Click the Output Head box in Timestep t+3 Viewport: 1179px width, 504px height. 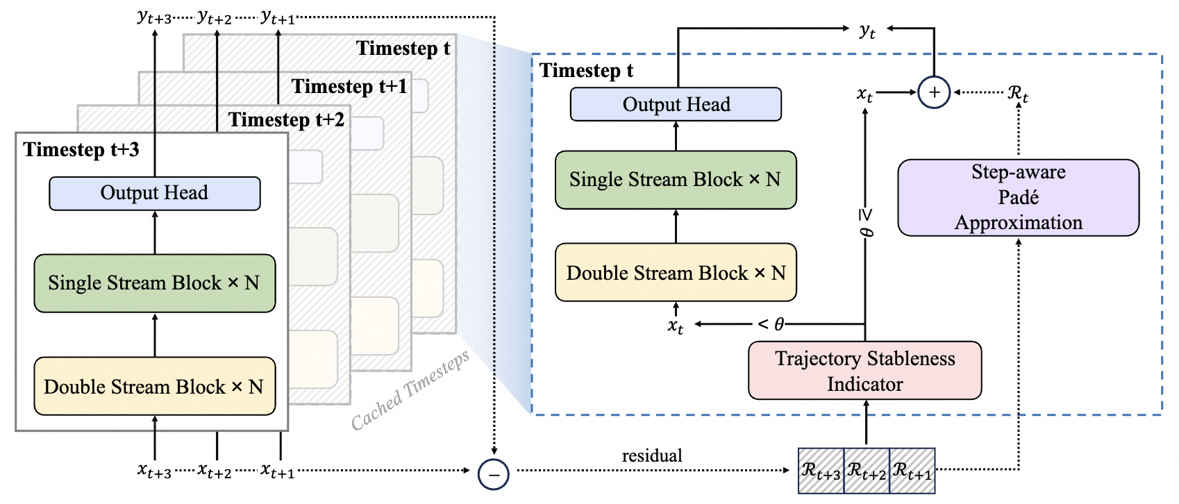(x=155, y=194)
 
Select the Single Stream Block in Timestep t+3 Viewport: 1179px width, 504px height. (x=155, y=283)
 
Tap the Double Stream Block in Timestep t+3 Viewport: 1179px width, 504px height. (x=155, y=386)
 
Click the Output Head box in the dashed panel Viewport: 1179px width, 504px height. (x=676, y=104)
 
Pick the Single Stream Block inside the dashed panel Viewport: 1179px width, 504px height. (x=676, y=180)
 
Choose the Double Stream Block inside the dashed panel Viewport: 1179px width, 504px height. (x=676, y=273)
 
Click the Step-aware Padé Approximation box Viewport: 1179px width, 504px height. (x=1019, y=197)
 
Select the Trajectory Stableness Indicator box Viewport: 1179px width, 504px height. (x=864, y=371)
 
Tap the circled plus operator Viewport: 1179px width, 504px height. (x=935, y=92)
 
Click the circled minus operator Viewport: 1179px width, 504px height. (x=493, y=475)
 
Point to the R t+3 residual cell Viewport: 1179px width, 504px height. (x=821, y=471)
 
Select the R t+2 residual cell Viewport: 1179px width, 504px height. (x=867, y=471)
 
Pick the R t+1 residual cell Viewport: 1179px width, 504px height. (x=912, y=471)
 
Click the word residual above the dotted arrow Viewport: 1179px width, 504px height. (x=652, y=455)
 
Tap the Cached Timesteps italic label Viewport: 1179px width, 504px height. (x=410, y=390)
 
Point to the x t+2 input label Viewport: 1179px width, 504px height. (x=215, y=470)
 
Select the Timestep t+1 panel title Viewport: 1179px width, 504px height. (x=349, y=86)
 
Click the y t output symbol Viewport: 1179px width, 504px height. (x=867, y=31)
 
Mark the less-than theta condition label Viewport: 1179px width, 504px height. (x=771, y=324)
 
